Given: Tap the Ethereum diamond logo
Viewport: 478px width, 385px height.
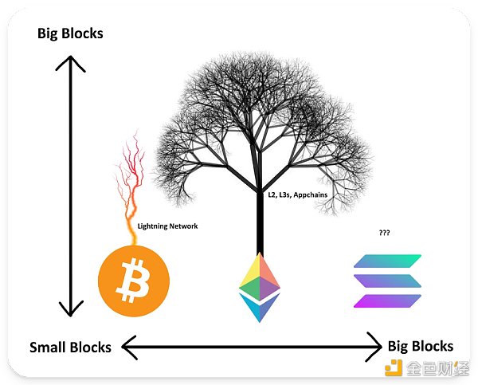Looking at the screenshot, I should (260, 287).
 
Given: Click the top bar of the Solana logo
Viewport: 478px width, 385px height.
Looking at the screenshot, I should (388, 261).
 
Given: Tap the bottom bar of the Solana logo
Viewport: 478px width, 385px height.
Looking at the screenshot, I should (388, 301).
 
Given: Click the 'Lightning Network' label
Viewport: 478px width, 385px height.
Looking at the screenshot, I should (167, 226).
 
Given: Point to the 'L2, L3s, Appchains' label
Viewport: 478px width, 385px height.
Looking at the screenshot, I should (297, 193).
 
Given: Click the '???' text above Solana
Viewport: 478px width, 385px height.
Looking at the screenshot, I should (385, 234).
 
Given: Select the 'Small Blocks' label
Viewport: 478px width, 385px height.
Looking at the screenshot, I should (70, 347).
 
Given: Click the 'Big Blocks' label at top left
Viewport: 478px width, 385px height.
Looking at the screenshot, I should (71, 33).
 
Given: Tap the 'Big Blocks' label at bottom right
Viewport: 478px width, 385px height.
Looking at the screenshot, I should (420, 346).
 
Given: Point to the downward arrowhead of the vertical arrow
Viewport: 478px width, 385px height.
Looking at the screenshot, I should (71, 309).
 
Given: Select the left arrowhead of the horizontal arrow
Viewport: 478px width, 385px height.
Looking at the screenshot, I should (127, 346).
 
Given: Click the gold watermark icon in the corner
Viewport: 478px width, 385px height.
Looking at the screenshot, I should (393, 368).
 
